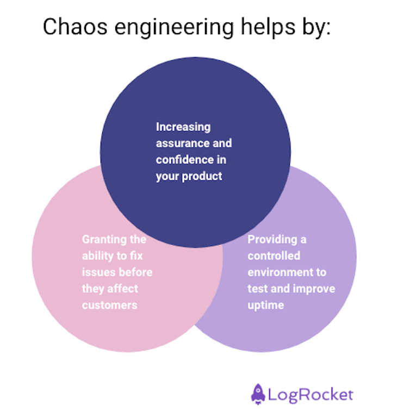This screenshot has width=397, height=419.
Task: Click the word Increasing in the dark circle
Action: click(x=183, y=127)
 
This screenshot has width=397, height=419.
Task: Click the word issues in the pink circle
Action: click(x=98, y=272)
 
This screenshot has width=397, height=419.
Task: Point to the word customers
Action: click(x=110, y=305)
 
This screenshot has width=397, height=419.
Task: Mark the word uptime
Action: click(x=265, y=305)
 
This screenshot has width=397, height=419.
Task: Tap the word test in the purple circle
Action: click(x=258, y=289)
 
